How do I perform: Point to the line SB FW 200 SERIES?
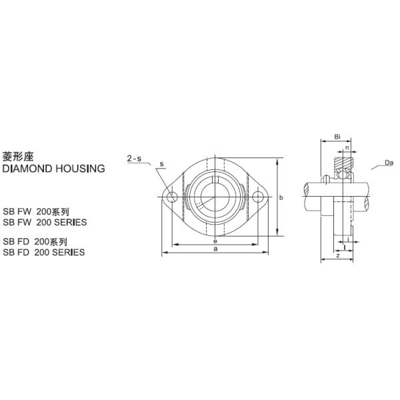click(45, 222)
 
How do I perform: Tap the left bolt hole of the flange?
click(172, 197)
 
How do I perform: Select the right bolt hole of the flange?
click(257, 197)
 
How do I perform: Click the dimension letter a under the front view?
click(215, 249)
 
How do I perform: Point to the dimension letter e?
click(215, 241)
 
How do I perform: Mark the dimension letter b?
click(282, 197)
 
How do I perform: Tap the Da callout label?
click(389, 161)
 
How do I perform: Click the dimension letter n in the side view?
click(347, 147)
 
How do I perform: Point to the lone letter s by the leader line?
click(161, 165)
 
